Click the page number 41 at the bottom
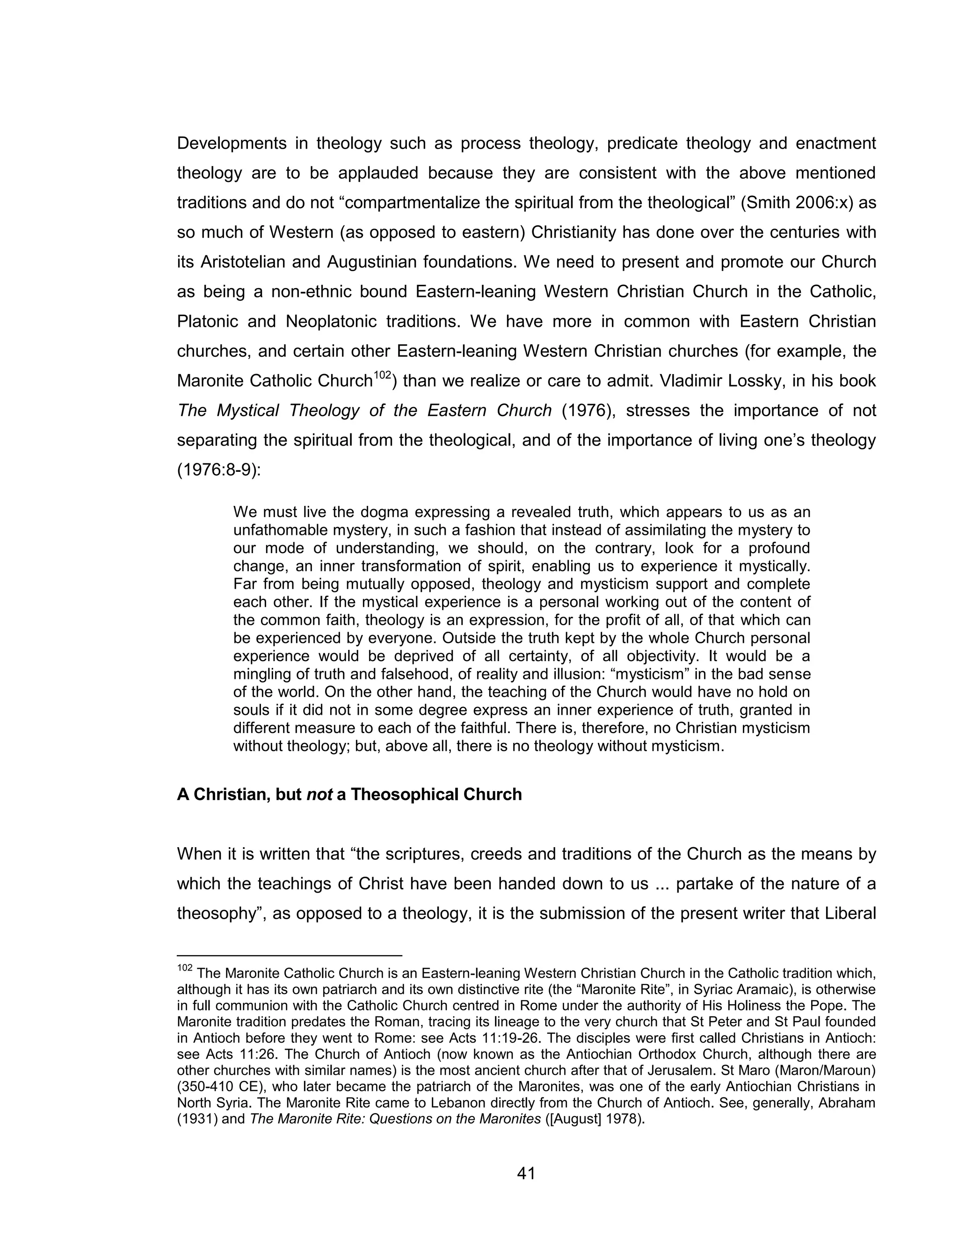pos(526,1173)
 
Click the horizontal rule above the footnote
pos(289,955)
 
